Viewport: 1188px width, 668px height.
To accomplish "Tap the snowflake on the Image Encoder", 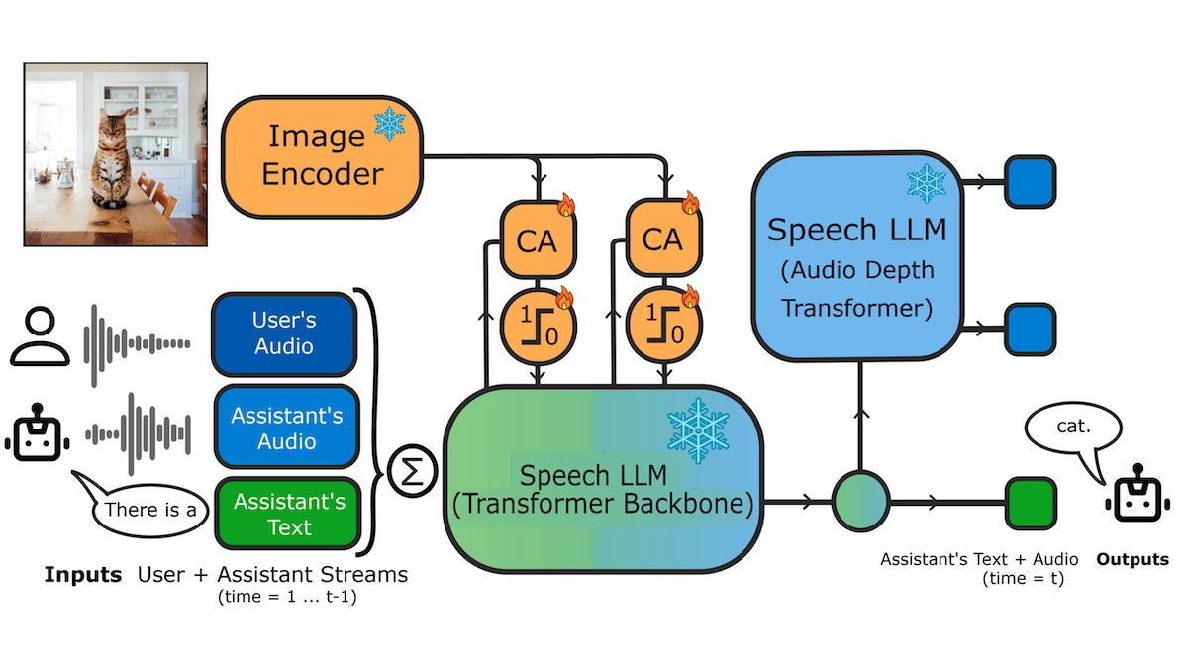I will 388,125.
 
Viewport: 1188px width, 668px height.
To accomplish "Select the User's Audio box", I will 285,334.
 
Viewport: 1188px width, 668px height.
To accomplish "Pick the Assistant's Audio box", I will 285,428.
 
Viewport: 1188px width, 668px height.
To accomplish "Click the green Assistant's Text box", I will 287,514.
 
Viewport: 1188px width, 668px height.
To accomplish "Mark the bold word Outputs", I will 1132,560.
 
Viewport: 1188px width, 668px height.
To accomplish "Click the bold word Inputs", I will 82,575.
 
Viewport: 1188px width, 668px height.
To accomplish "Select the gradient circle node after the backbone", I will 860,502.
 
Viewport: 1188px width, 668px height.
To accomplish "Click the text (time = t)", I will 1023,579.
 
